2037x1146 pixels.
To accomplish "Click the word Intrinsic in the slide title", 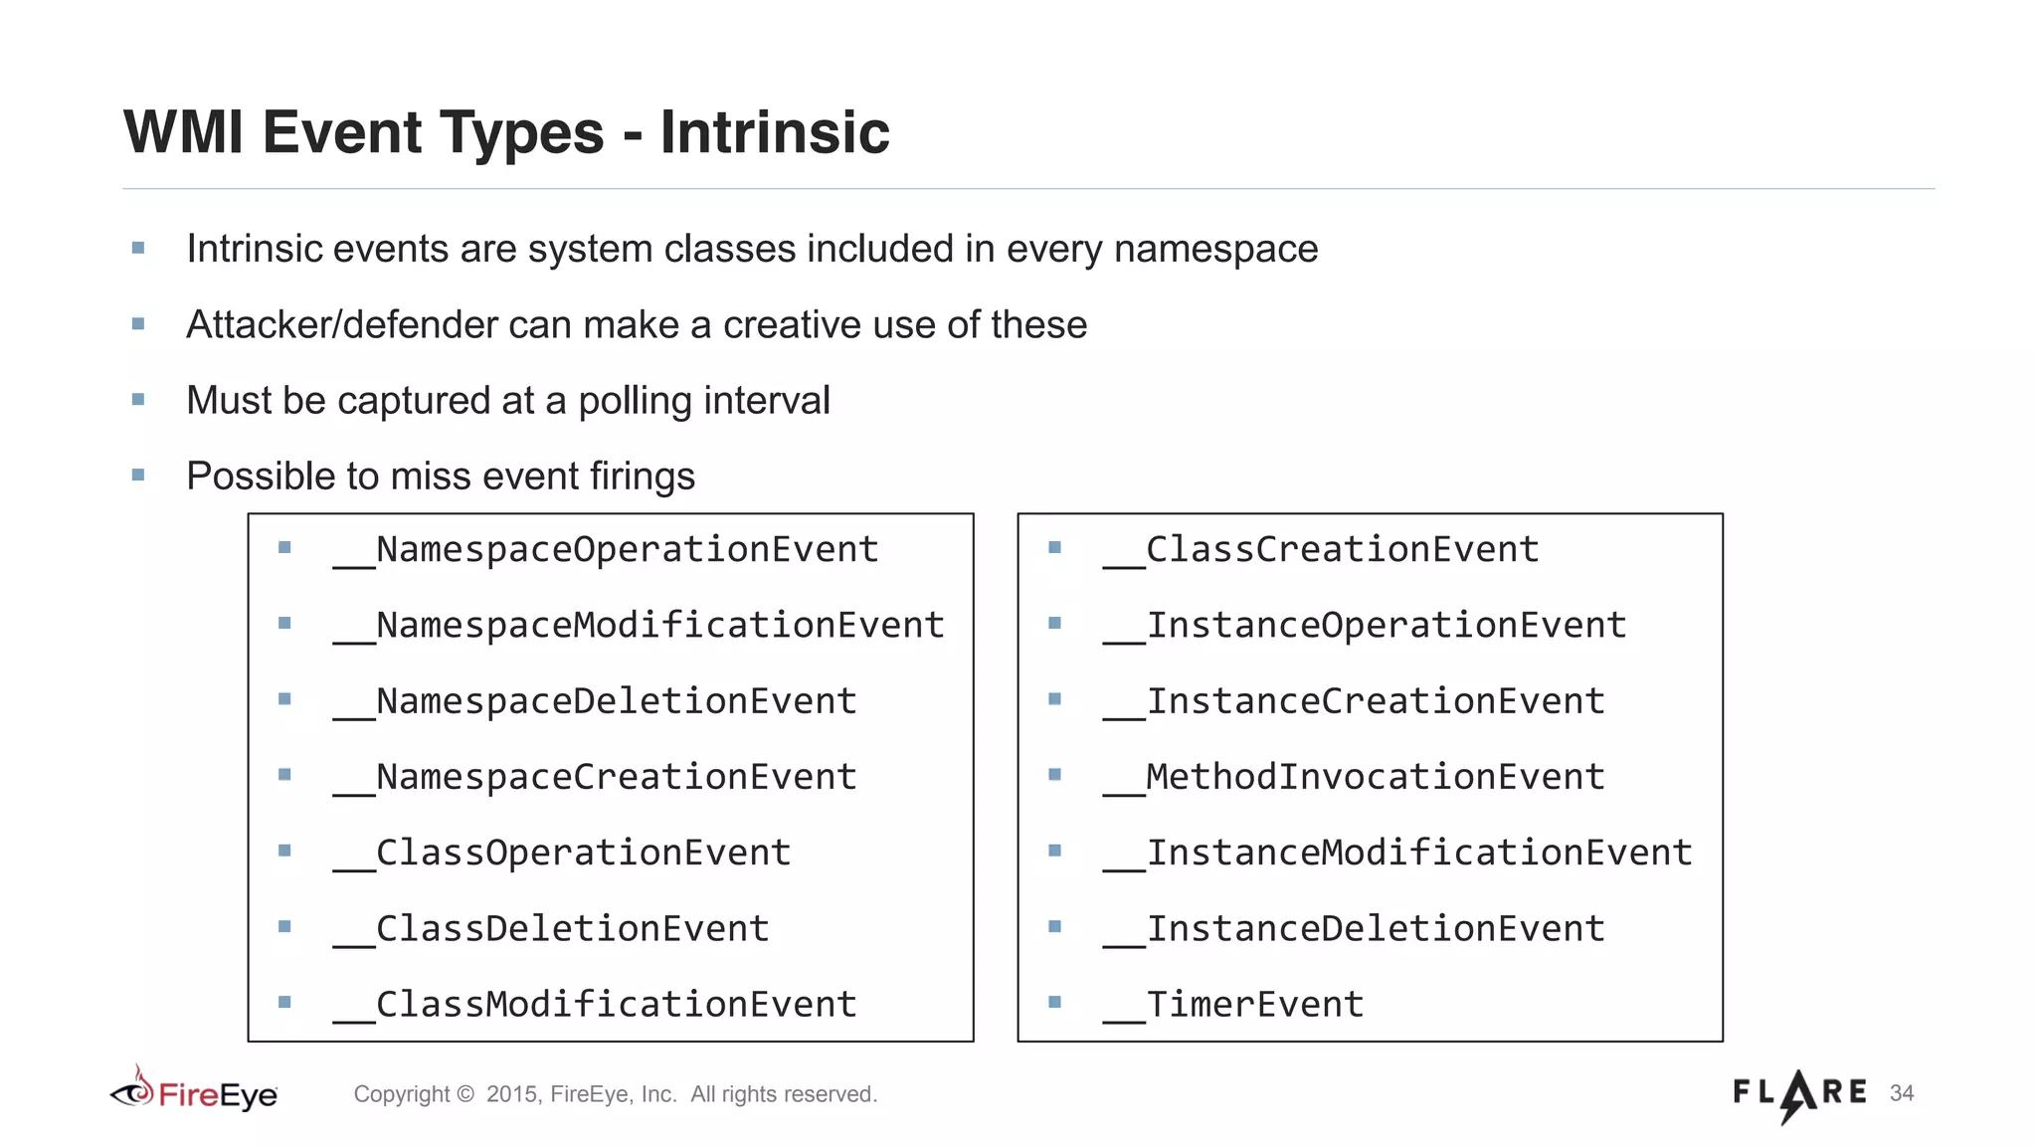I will (774, 132).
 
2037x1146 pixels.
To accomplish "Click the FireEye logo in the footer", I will (194, 1093).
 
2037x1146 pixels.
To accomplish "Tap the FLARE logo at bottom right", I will (1799, 1093).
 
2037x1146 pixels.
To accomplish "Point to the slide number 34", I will (1902, 1093).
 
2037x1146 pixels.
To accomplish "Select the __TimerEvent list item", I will (1233, 1004).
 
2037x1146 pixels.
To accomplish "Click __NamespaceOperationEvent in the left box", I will (607, 549).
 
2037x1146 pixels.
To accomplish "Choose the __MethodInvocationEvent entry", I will (1354, 777).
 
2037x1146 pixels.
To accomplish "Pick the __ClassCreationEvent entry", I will (1321, 549).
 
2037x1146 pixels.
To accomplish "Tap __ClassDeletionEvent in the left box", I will (552, 928).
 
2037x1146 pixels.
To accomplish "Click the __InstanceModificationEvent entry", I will (1397, 853).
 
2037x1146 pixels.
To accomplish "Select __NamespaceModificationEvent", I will (639, 625).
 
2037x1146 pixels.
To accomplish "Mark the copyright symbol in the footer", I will (464, 1094).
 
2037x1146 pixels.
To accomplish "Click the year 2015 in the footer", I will (511, 1094).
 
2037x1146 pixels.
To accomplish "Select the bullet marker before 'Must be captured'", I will (138, 400).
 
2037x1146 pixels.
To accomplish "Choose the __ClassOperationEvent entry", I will (563, 853).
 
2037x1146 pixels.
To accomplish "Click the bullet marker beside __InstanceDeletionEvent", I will (1055, 926).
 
